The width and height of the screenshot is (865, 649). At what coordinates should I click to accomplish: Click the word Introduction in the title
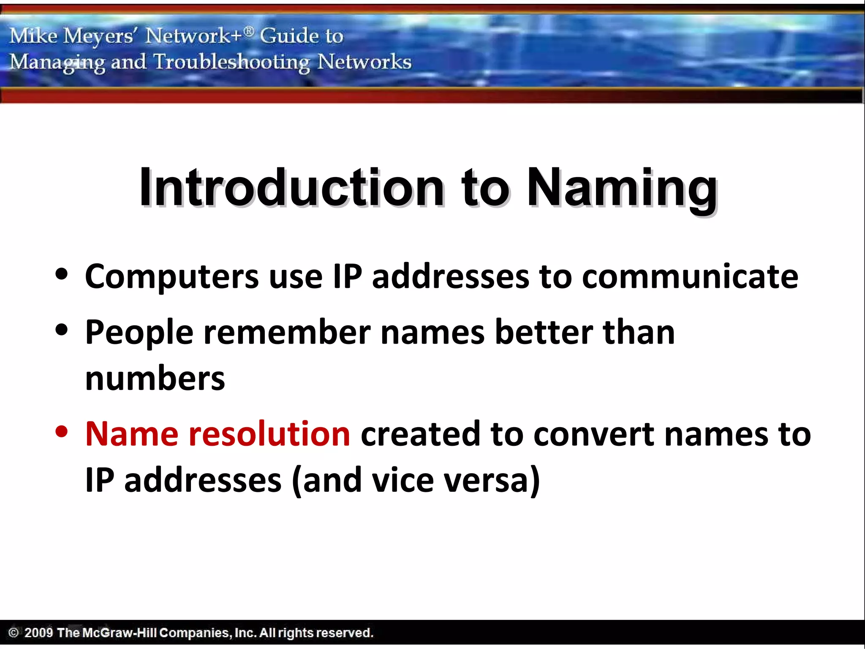(x=291, y=188)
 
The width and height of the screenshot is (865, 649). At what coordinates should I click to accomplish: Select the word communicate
(x=690, y=277)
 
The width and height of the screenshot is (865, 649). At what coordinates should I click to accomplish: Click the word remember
(x=287, y=333)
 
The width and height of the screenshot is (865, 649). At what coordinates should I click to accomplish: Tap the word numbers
(x=155, y=379)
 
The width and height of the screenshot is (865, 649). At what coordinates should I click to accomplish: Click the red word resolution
(x=269, y=434)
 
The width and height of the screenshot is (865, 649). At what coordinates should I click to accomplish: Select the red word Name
(x=132, y=434)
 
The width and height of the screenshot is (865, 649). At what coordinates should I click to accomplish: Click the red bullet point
(x=62, y=432)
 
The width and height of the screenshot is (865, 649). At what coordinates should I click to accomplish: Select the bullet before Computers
(x=62, y=274)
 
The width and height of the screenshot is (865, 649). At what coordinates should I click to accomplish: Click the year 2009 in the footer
(x=38, y=633)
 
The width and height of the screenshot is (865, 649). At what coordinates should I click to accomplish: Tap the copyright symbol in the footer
(x=14, y=633)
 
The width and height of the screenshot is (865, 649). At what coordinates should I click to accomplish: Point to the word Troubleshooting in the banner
(x=231, y=63)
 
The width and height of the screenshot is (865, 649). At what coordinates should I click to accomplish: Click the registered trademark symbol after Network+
(x=249, y=31)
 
